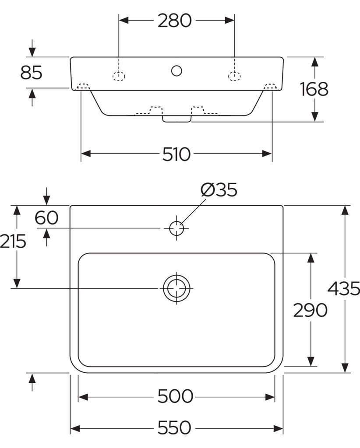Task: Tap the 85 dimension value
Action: click(x=31, y=73)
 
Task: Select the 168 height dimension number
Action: click(x=314, y=89)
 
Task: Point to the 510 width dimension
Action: click(x=176, y=154)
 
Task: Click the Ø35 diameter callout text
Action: click(x=219, y=190)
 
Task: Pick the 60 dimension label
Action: click(x=46, y=217)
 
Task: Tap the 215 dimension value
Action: click(x=13, y=241)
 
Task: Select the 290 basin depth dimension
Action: click(x=310, y=310)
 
